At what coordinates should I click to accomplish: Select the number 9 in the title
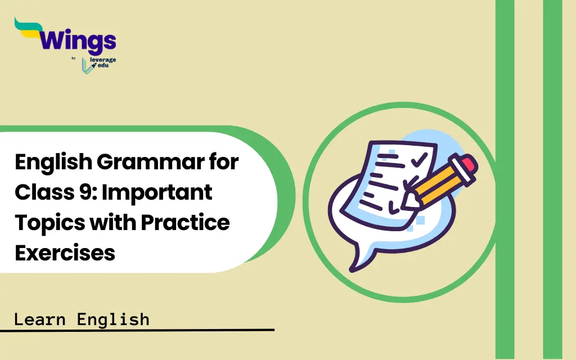(83, 193)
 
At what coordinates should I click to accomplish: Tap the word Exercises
(65, 253)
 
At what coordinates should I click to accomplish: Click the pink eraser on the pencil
(466, 164)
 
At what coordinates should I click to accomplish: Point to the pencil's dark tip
(410, 198)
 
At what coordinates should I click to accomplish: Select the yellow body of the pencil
(439, 182)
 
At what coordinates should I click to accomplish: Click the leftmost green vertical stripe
(505, 180)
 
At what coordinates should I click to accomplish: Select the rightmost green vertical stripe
(552, 180)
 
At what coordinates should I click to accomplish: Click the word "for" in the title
(225, 164)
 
